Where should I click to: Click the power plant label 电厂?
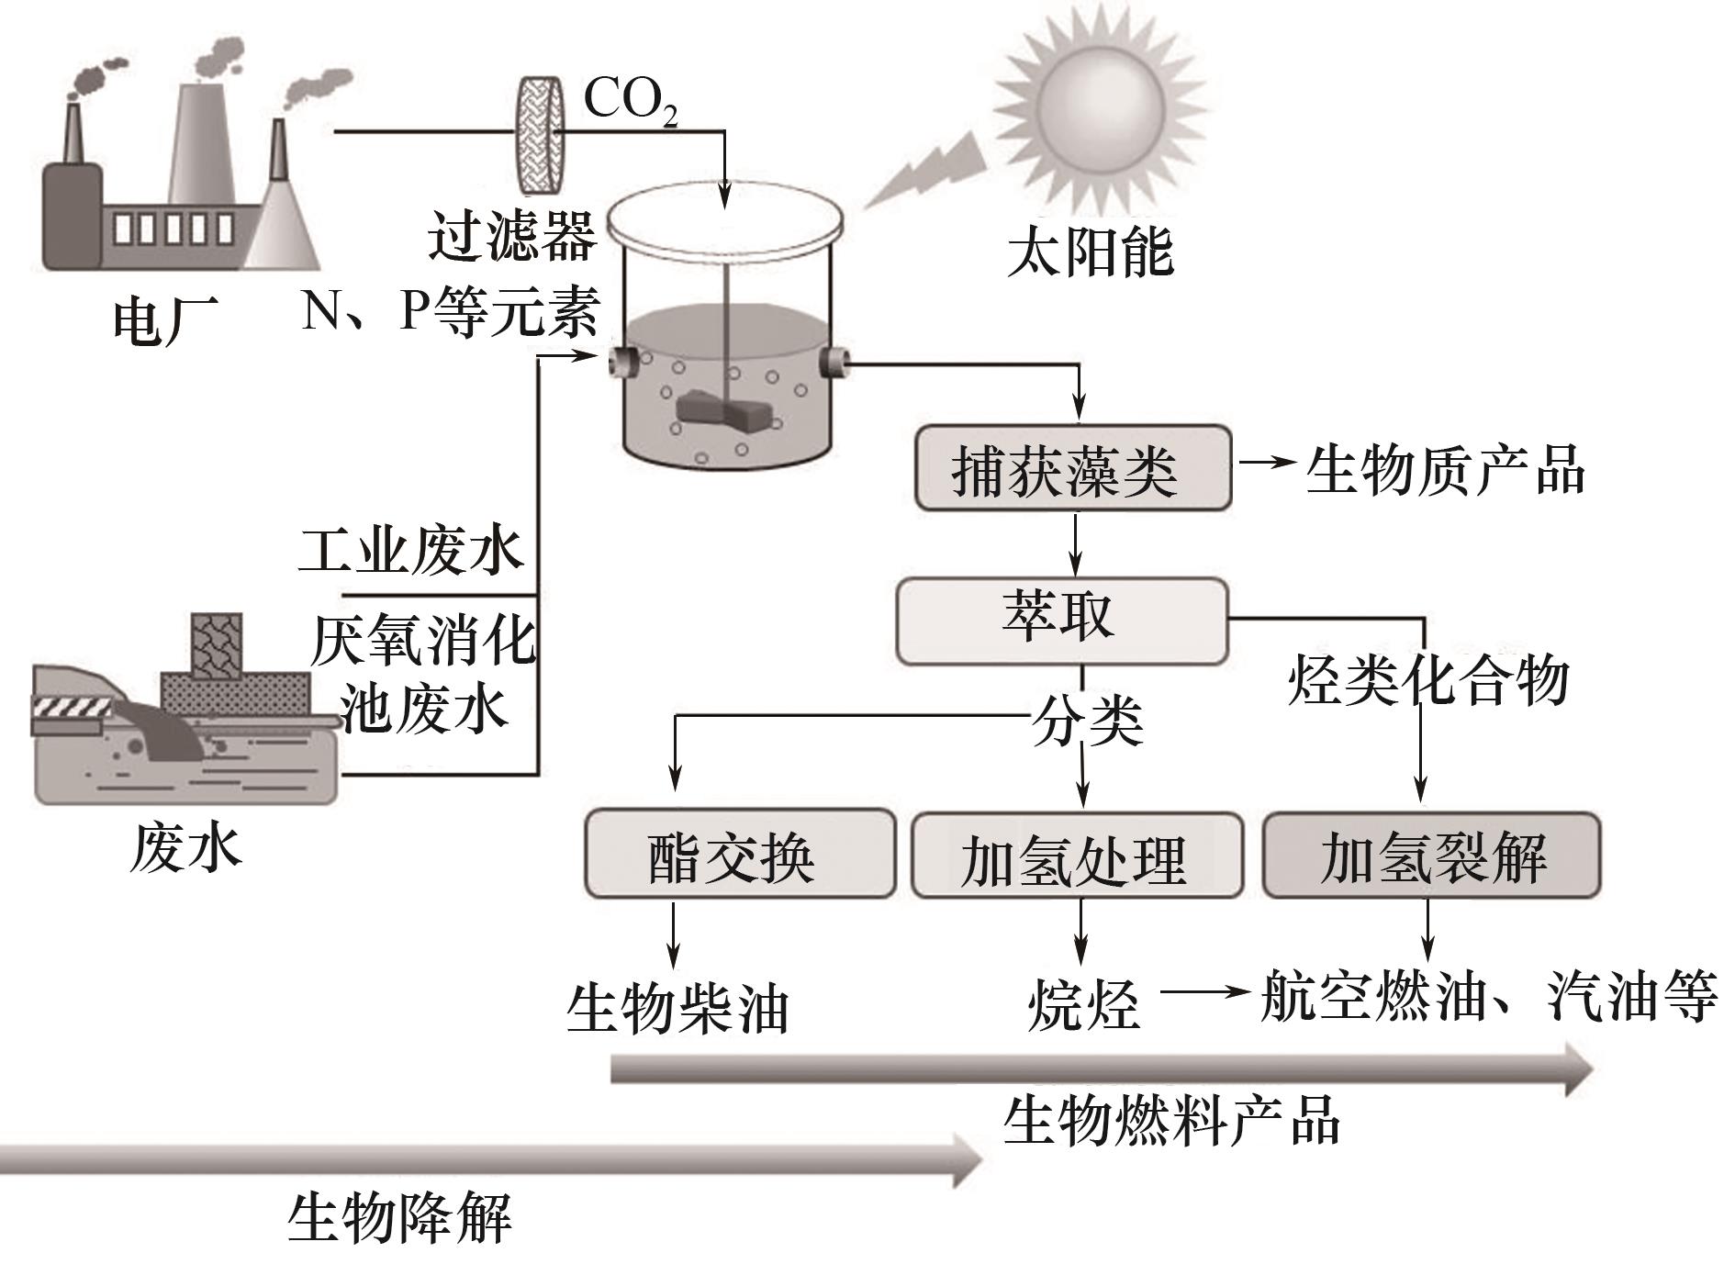[x=165, y=320]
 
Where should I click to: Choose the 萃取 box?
[x=1061, y=620]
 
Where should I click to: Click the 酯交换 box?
[x=739, y=853]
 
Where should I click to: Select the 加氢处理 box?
[x=1076, y=855]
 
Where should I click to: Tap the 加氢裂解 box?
[x=1431, y=855]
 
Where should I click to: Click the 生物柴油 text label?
[x=677, y=1008]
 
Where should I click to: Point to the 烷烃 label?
[x=1083, y=1004]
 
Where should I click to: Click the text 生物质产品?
[x=1444, y=470]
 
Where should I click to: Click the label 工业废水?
[x=410, y=551]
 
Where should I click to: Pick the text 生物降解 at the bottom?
[x=400, y=1217]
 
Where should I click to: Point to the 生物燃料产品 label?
[x=1171, y=1120]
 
